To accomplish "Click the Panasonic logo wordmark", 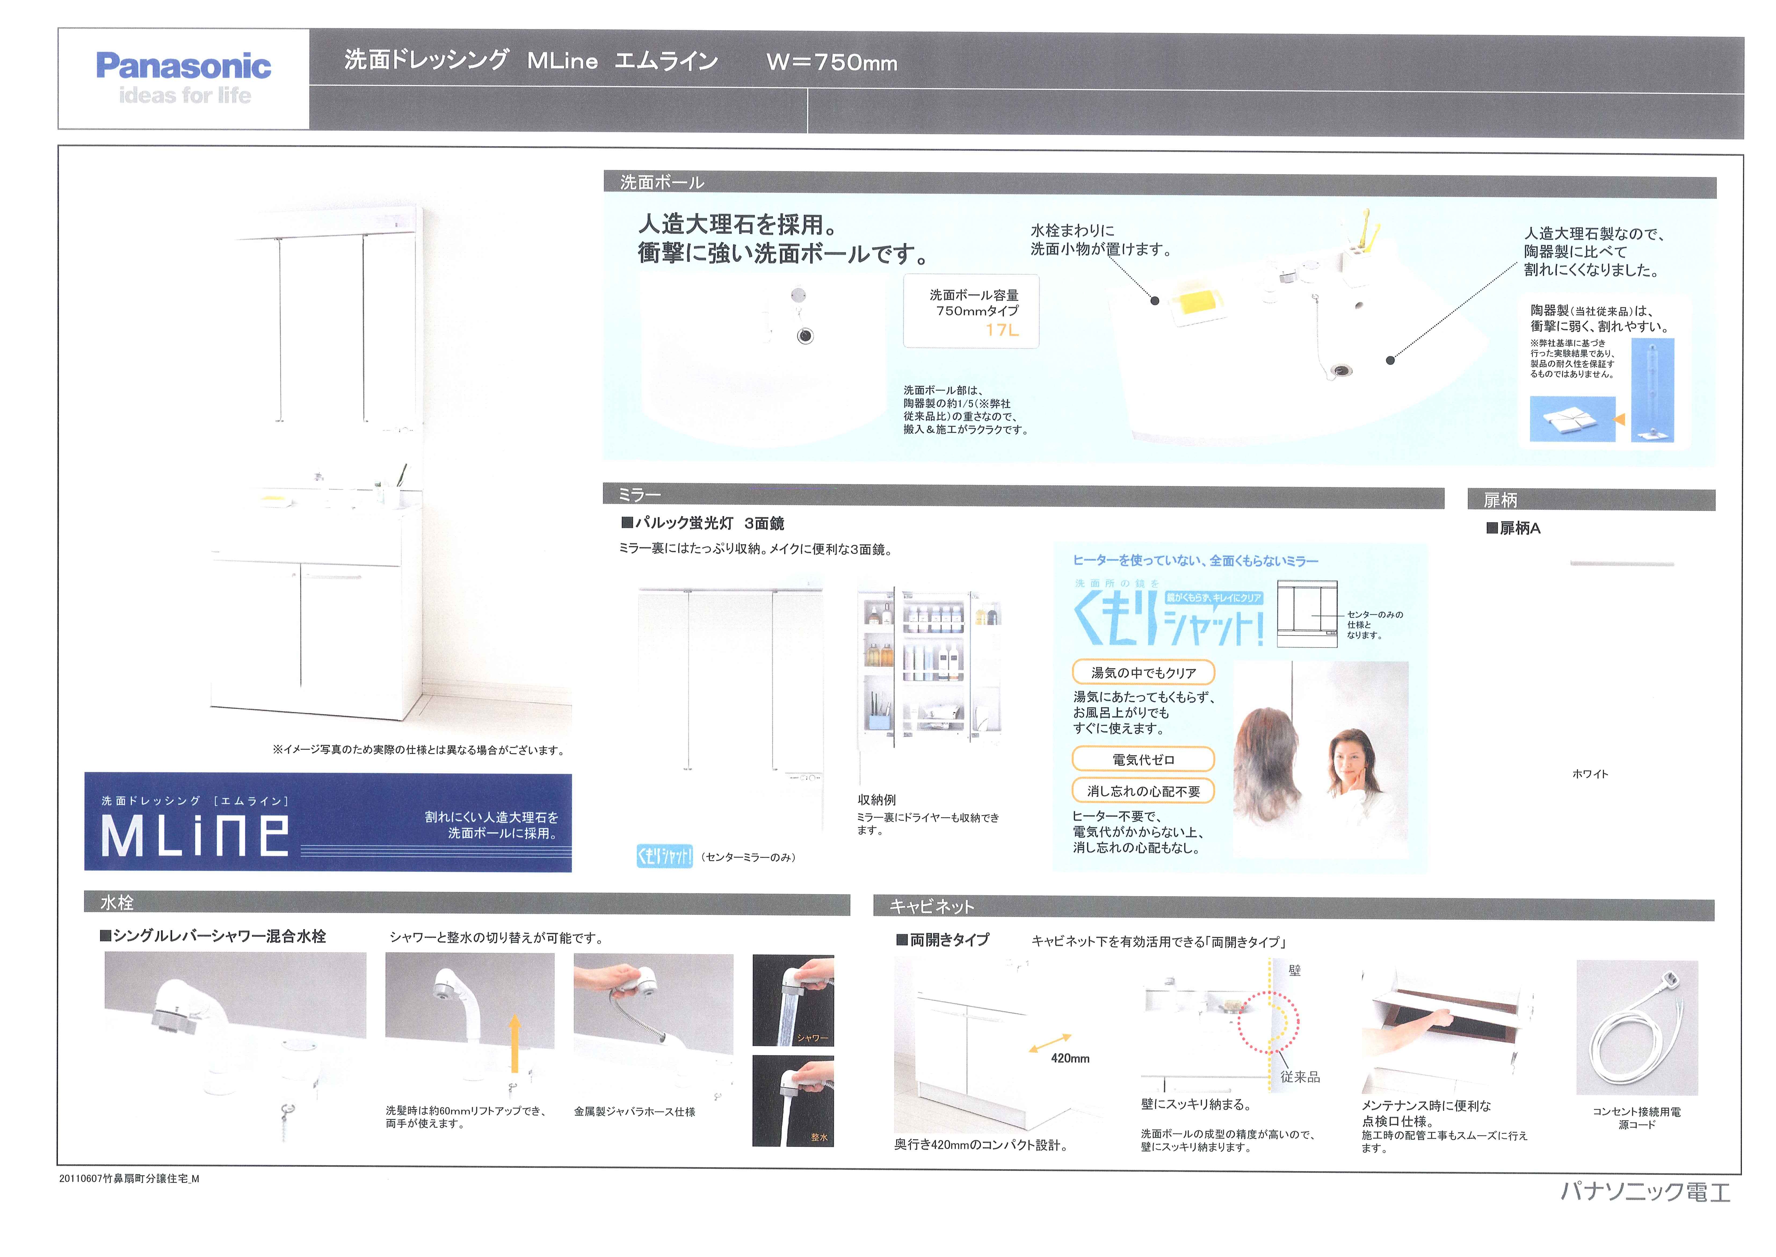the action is (x=183, y=66).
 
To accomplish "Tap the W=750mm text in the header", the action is (x=832, y=62).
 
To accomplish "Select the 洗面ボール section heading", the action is (x=662, y=183).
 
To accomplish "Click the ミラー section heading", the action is (x=640, y=494).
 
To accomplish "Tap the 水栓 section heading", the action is (x=117, y=902).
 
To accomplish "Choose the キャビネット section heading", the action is (x=932, y=906).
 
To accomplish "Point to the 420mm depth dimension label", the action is (x=1070, y=1058).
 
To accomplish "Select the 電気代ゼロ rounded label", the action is (x=1143, y=759).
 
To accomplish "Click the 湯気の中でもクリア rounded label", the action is (x=1143, y=673).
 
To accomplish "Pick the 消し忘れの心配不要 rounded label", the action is (x=1143, y=791).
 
